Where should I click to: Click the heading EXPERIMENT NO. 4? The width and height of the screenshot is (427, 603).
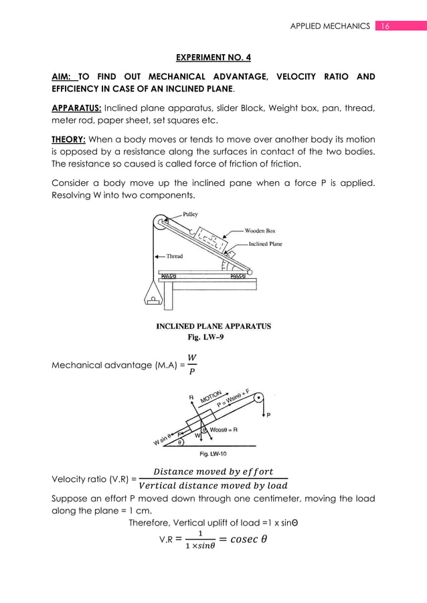click(x=213, y=58)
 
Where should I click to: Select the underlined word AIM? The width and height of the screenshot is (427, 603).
click(x=65, y=77)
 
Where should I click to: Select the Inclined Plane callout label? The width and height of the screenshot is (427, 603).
click(x=265, y=244)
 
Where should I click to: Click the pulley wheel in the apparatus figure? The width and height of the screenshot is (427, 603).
click(x=161, y=224)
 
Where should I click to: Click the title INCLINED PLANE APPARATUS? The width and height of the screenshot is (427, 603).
click(x=213, y=327)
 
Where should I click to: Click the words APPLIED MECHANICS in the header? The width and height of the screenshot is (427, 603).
click(x=329, y=26)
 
